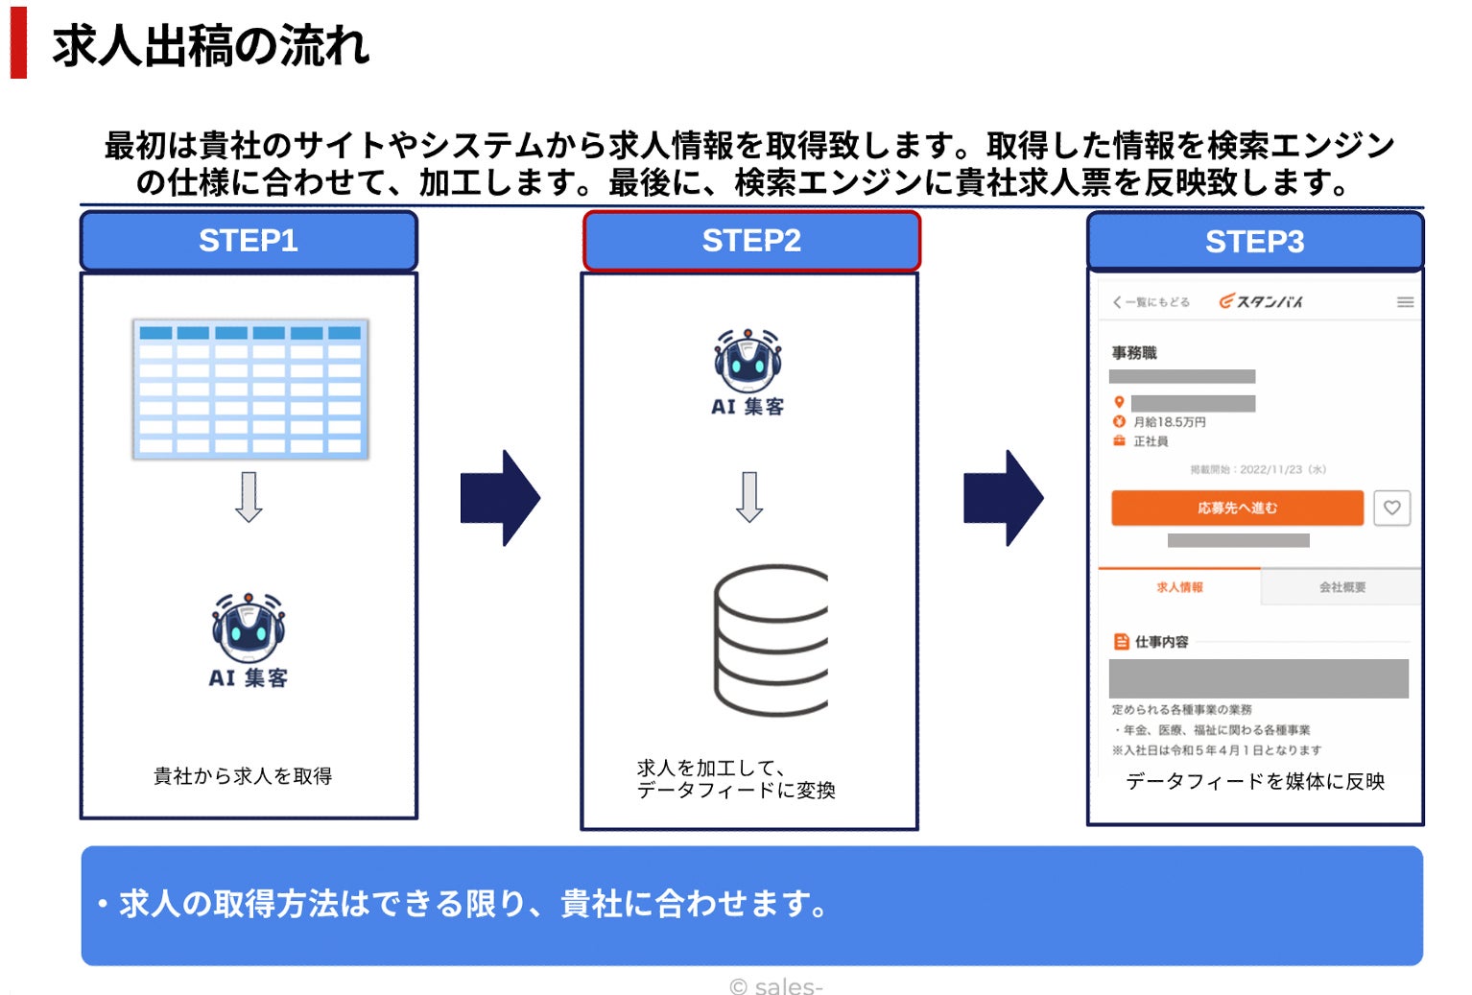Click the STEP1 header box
click(x=249, y=241)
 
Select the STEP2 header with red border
click(x=751, y=241)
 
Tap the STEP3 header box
click(x=1254, y=242)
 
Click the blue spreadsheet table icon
click(x=250, y=389)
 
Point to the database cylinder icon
click(x=771, y=640)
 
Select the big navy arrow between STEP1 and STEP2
click(x=500, y=498)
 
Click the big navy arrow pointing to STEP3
click(x=1003, y=498)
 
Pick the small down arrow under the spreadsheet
click(x=249, y=496)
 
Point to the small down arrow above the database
click(x=749, y=496)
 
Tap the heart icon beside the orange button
click(x=1391, y=508)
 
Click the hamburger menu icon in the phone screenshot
click(x=1405, y=302)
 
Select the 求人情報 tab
click(x=1179, y=587)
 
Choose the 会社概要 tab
click(x=1341, y=587)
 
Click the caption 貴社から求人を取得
click(x=243, y=775)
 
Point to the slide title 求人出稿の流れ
click(x=210, y=46)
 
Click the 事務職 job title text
click(x=1134, y=353)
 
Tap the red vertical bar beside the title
click(x=18, y=43)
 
